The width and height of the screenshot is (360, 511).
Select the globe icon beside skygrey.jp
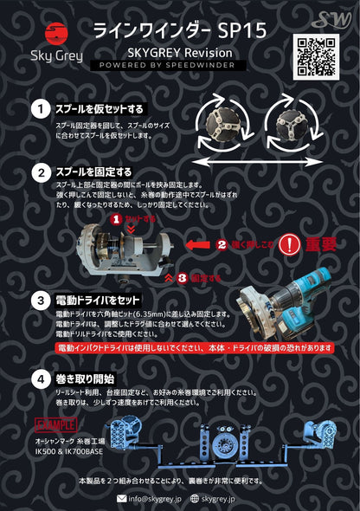pyautogui.click(x=195, y=498)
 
